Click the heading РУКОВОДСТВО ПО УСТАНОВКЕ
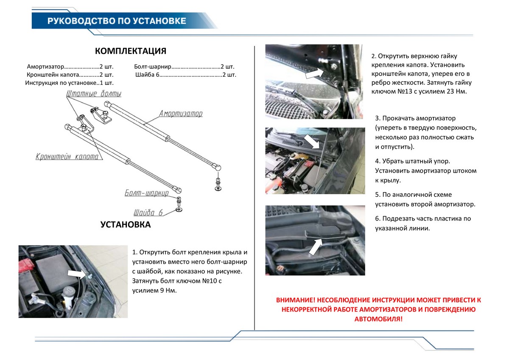[117, 21]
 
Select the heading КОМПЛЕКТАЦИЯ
[131, 51]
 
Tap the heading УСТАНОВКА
[126, 225]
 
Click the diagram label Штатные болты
[94, 93]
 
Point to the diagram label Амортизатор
[181, 114]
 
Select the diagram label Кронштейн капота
[67, 156]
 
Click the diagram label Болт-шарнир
[146, 193]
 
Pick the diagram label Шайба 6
[148, 212]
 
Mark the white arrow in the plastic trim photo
[316, 246]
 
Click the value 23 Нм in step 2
[456, 91]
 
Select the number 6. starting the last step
[378, 219]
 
